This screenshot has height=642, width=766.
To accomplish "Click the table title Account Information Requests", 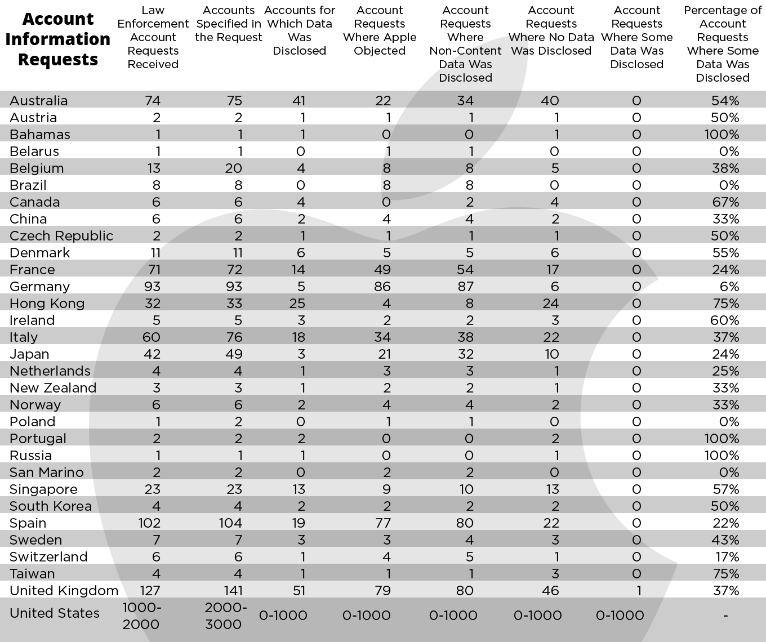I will (58, 39).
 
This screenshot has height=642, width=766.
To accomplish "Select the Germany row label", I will (39, 287).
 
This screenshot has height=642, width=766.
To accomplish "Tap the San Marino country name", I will (46, 472).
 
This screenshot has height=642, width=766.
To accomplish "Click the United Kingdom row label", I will (64, 591).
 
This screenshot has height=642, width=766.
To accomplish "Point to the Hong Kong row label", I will (47, 304).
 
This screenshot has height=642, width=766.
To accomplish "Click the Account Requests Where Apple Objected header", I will (380, 30).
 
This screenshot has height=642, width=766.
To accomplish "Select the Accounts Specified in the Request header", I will (229, 24).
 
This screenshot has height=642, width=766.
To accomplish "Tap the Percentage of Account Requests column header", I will (723, 44).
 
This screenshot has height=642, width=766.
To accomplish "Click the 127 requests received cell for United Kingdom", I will (149, 591).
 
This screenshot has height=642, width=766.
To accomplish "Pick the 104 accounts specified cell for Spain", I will (230, 523).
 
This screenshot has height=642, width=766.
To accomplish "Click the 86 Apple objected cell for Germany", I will (382, 287).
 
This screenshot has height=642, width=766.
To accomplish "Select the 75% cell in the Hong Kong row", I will (725, 304).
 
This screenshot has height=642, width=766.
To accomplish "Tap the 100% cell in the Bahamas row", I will (722, 135).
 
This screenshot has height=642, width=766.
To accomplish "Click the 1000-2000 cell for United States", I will (141, 616).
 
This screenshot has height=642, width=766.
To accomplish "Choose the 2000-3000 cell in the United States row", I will (225, 616).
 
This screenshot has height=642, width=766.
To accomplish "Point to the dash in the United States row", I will (725, 616).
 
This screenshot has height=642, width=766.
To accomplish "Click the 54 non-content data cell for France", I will (465, 270).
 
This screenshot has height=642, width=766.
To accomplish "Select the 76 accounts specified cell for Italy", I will (234, 337).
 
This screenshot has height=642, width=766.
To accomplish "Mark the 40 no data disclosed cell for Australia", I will (550, 101).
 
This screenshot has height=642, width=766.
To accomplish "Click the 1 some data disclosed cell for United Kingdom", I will (637, 591).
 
